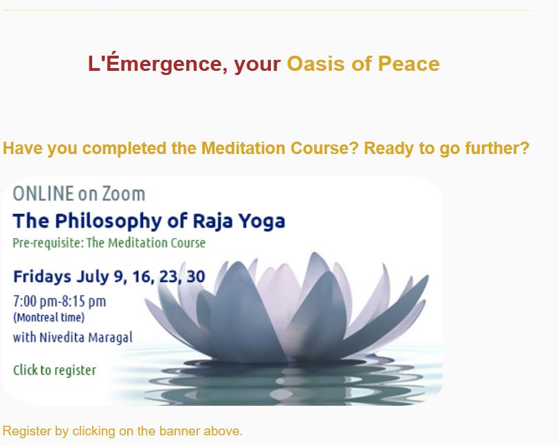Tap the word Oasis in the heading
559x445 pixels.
click(316, 64)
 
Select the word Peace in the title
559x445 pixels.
click(408, 64)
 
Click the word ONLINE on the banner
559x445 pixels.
click(43, 194)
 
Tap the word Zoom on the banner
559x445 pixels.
click(124, 194)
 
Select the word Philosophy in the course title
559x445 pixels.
click(109, 221)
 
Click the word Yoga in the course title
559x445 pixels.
click(262, 221)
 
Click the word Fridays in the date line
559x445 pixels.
click(42, 276)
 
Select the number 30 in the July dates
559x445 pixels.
click(196, 276)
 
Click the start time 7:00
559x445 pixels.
click(25, 301)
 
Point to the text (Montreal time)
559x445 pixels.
click(49, 317)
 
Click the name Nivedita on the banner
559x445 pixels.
click(62, 337)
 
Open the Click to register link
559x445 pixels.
click(54, 370)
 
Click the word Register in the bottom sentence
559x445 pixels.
click(27, 431)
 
